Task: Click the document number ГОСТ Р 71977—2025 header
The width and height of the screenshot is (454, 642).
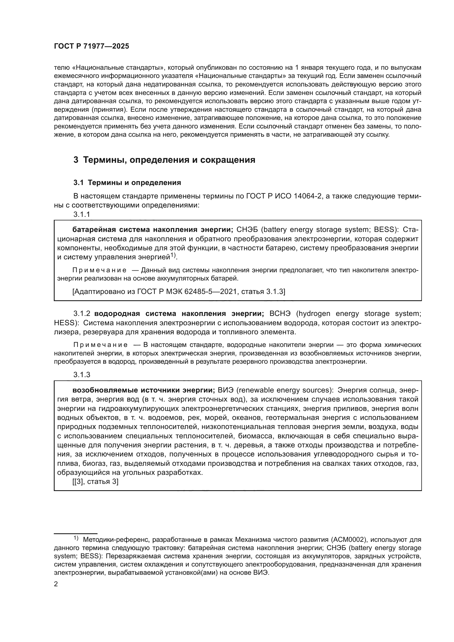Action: click(x=91, y=46)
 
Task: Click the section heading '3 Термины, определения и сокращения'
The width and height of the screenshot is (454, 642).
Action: click(x=164, y=160)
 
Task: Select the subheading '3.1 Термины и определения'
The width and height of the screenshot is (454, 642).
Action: click(x=127, y=183)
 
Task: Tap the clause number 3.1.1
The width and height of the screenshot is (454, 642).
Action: click(x=82, y=214)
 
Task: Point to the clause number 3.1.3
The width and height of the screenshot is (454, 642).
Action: click(x=82, y=375)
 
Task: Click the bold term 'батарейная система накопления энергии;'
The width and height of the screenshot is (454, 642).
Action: click(x=153, y=229)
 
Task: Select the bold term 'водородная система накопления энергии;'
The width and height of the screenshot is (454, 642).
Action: click(x=179, y=313)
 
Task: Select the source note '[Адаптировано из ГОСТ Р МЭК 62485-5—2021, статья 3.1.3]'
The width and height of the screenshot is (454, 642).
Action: click(x=179, y=292)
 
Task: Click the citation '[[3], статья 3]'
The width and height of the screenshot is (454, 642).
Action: click(x=95, y=482)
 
